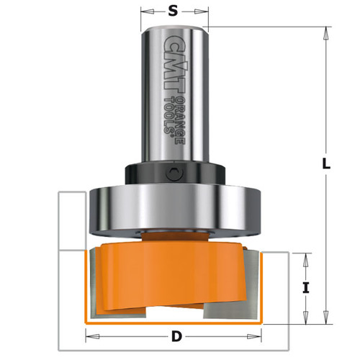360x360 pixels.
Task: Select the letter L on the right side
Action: pos(326,164)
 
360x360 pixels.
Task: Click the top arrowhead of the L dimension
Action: pos(326,31)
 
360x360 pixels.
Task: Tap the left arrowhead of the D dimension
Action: pos(90,336)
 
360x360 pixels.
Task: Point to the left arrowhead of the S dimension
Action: pos(145,12)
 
